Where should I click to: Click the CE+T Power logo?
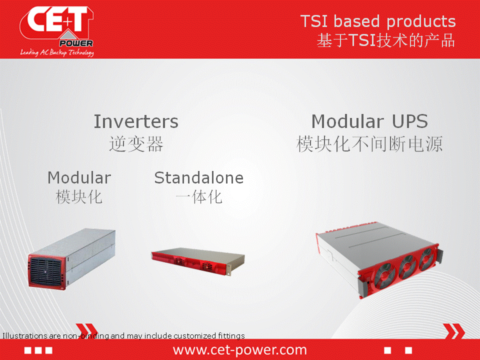click(57, 31)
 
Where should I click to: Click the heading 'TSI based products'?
click(378, 21)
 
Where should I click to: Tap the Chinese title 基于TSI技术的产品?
click(385, 40)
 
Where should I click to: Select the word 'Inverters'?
click(136, 121)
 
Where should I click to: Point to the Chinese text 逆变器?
click(136, 144)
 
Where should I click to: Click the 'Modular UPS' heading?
click(369, 121)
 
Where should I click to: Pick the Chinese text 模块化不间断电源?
click(369, 144)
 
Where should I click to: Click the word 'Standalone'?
click(199, 178)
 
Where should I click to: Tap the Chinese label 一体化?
click(199, 197)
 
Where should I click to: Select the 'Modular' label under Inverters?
click(79, 178)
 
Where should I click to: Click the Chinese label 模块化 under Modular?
click(79, 197)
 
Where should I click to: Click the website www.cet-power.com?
click(239, 349)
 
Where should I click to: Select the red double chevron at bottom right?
click(454, 331)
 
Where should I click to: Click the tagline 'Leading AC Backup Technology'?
click(57, 52)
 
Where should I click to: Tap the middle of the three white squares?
click(38, 350)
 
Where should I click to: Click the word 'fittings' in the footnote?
click(231, 336)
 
